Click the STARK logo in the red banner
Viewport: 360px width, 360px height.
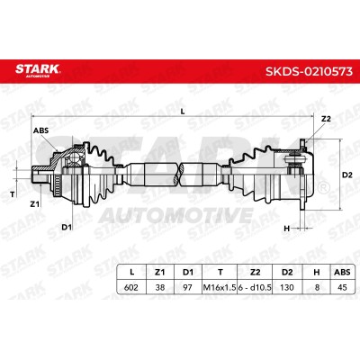pyautogui.click(x=38, y=70)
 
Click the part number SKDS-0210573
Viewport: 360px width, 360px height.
pyautogui.click(x=309, y=72)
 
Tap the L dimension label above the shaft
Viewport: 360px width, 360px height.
pyautogui.click(x=183, y=112)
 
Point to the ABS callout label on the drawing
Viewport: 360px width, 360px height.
pyautogui.click(x=40, y=130)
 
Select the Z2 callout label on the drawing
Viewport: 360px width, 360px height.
pyautogui.click(x=326, y=119)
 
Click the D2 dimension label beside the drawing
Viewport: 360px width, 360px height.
pyautogui.click(x=347, y=175)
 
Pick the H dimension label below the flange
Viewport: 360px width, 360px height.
pyautogui.click(x=287, y=229)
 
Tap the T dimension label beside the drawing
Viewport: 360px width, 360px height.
pyautogui.click(x=13, y=194)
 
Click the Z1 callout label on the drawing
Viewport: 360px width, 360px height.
pyautogui.click(x=35, y=204)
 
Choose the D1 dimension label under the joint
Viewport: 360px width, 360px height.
pyautogui.click(x=67, y=227)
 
